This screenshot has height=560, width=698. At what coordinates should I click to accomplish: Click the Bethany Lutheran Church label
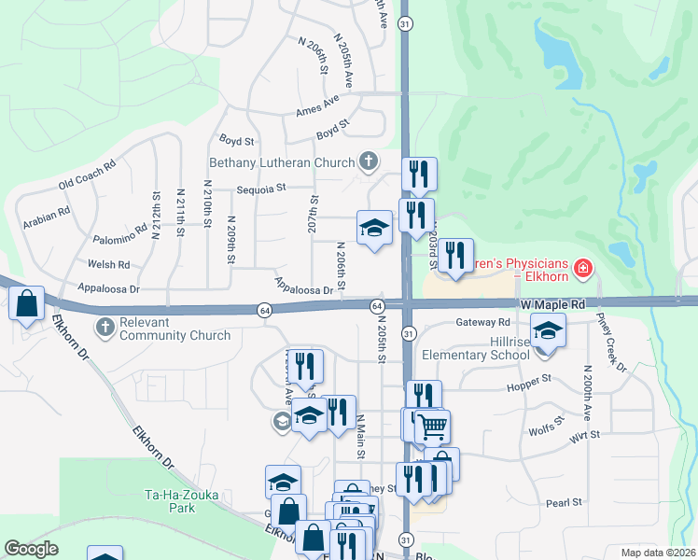click(x=282, y=162)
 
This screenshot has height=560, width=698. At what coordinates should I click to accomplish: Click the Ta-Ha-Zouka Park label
click(x=169, y=501)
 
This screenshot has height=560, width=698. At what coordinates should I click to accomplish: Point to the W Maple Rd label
click(x=552, y=304)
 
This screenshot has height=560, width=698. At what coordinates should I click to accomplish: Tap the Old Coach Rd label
click(x=86, y=174)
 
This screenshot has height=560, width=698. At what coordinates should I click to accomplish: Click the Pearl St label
click(x=564, y=502)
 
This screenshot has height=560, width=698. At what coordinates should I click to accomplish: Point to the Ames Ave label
click(x=317, y=105)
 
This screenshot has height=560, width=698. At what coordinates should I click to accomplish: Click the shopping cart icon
click(x=432, y=427)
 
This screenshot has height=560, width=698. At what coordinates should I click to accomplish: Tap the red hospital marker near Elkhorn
click(x=584, y=270)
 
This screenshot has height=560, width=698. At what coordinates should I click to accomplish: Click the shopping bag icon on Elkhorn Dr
click(x=27, y=302)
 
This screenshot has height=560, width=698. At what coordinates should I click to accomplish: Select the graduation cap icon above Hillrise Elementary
click(x=548, y=329)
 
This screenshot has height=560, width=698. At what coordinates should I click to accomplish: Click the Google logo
click(x=32, y=549)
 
